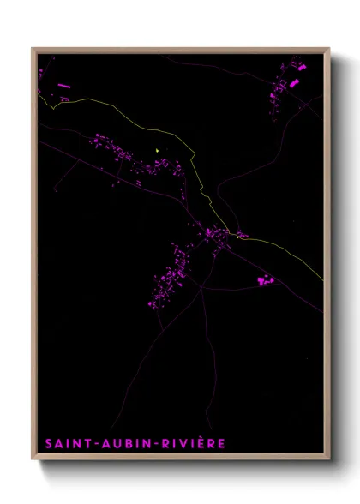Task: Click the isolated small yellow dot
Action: [x=158, y=152]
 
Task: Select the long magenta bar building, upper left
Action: [x=63, y=86]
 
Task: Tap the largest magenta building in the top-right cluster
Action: [x=294, y=83]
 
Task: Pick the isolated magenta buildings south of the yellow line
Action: [x=264, y=280]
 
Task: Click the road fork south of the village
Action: [x=202, y=288]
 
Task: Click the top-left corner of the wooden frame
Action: [x=33, y=50]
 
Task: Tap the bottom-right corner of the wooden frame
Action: [x=329, y=460]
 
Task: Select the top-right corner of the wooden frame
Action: [x=329, y=50]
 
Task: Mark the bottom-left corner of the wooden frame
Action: [x=33, y=460]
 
